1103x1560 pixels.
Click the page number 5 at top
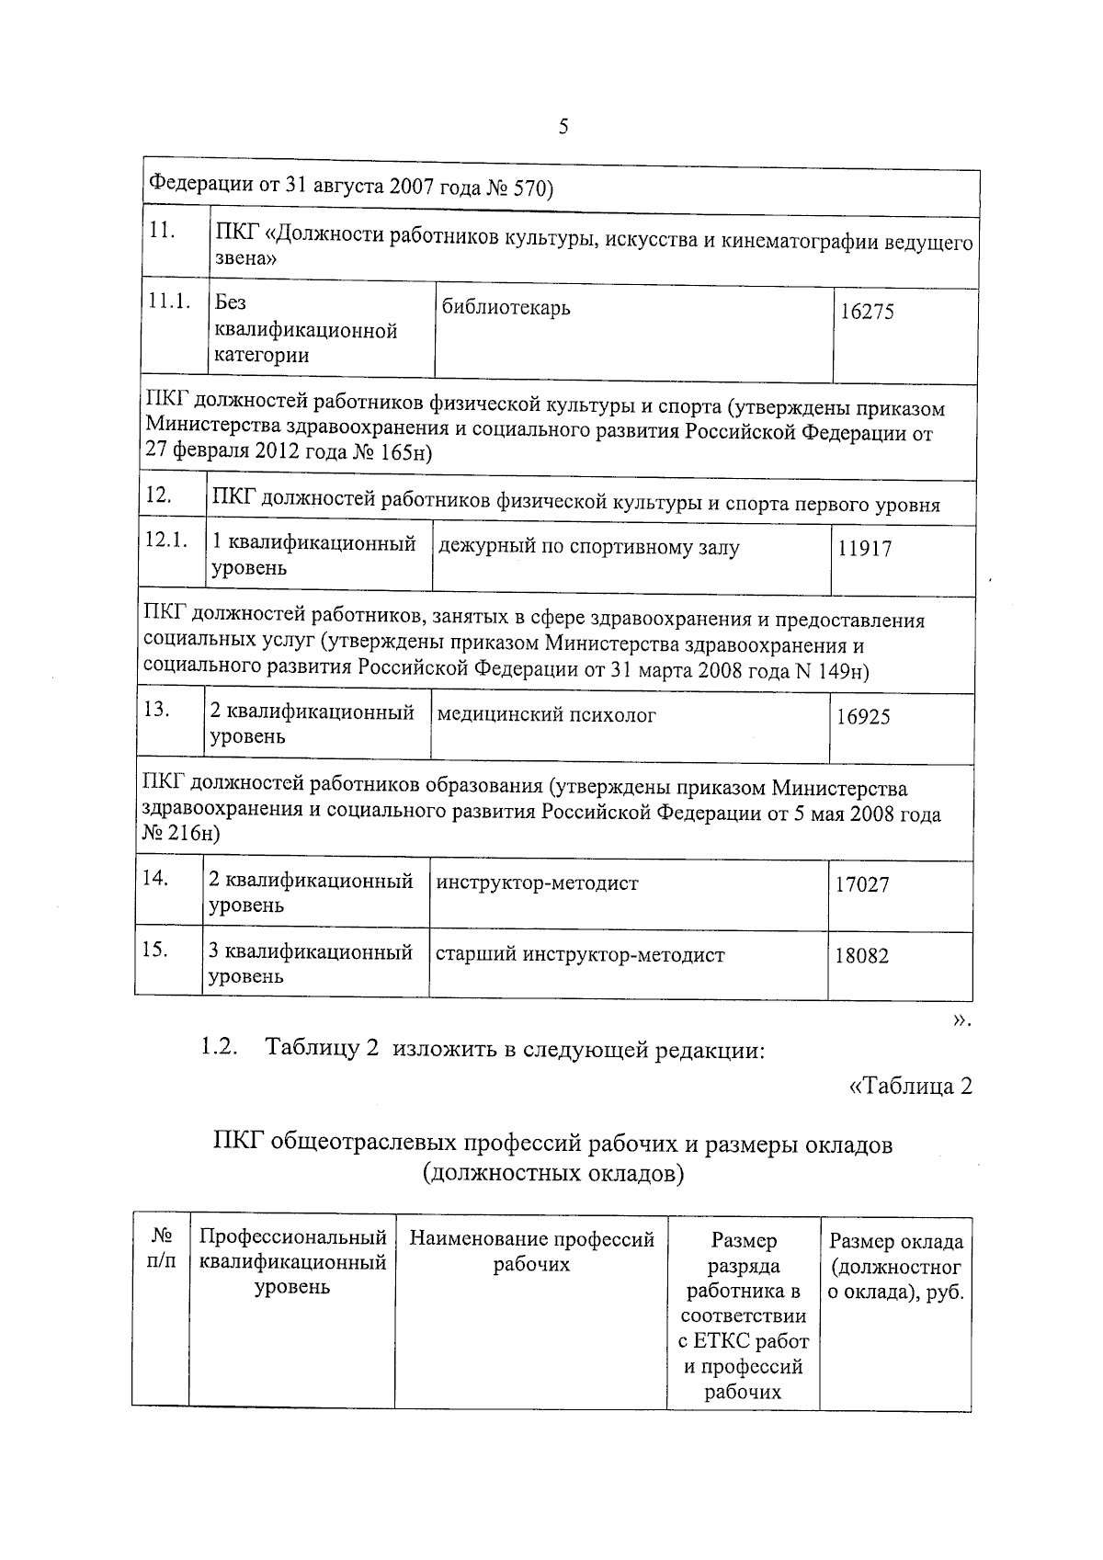pyautogui.click(x=563, y=127)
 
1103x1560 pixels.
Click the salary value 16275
pyautogui.click(x=867, y=312)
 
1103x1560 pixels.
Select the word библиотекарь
pyautogui.click(x=506, y=307)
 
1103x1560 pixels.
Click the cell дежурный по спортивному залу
pyautogui.click(x=588, y=548)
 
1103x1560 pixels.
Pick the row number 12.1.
pyautogui.click(x=166, y=540)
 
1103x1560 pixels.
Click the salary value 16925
pyautogui.click(x=862, y=717)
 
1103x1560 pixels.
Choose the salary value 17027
pyautogui.click(x=861, y=885)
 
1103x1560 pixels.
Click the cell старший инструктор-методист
pyautogui.click(x=579, y=955)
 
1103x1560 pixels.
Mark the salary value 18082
pyautogui.click(x=861, y=956)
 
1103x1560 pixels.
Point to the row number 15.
pyautogui.click(x=154, y=949)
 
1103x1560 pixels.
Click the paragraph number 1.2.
pyautogui.click(x=220, y=1047)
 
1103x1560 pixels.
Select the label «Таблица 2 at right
pyautogui.click(x=909, y=1086)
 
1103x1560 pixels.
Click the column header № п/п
pyautogui.click(x=160, y=1251)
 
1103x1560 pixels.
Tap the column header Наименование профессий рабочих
pyautogui.click(x=531, y=1252)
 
